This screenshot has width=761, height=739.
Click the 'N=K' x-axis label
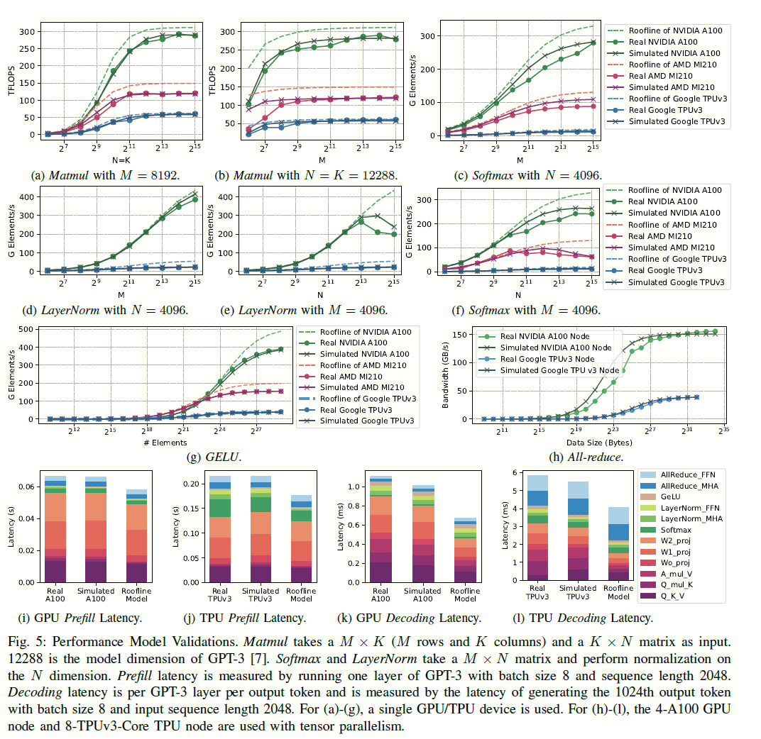(112, 160)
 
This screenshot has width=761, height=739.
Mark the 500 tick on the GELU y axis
(32, 329)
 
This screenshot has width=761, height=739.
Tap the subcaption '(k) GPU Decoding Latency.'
(412, 618)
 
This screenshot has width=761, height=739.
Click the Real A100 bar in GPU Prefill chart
(56, 529)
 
